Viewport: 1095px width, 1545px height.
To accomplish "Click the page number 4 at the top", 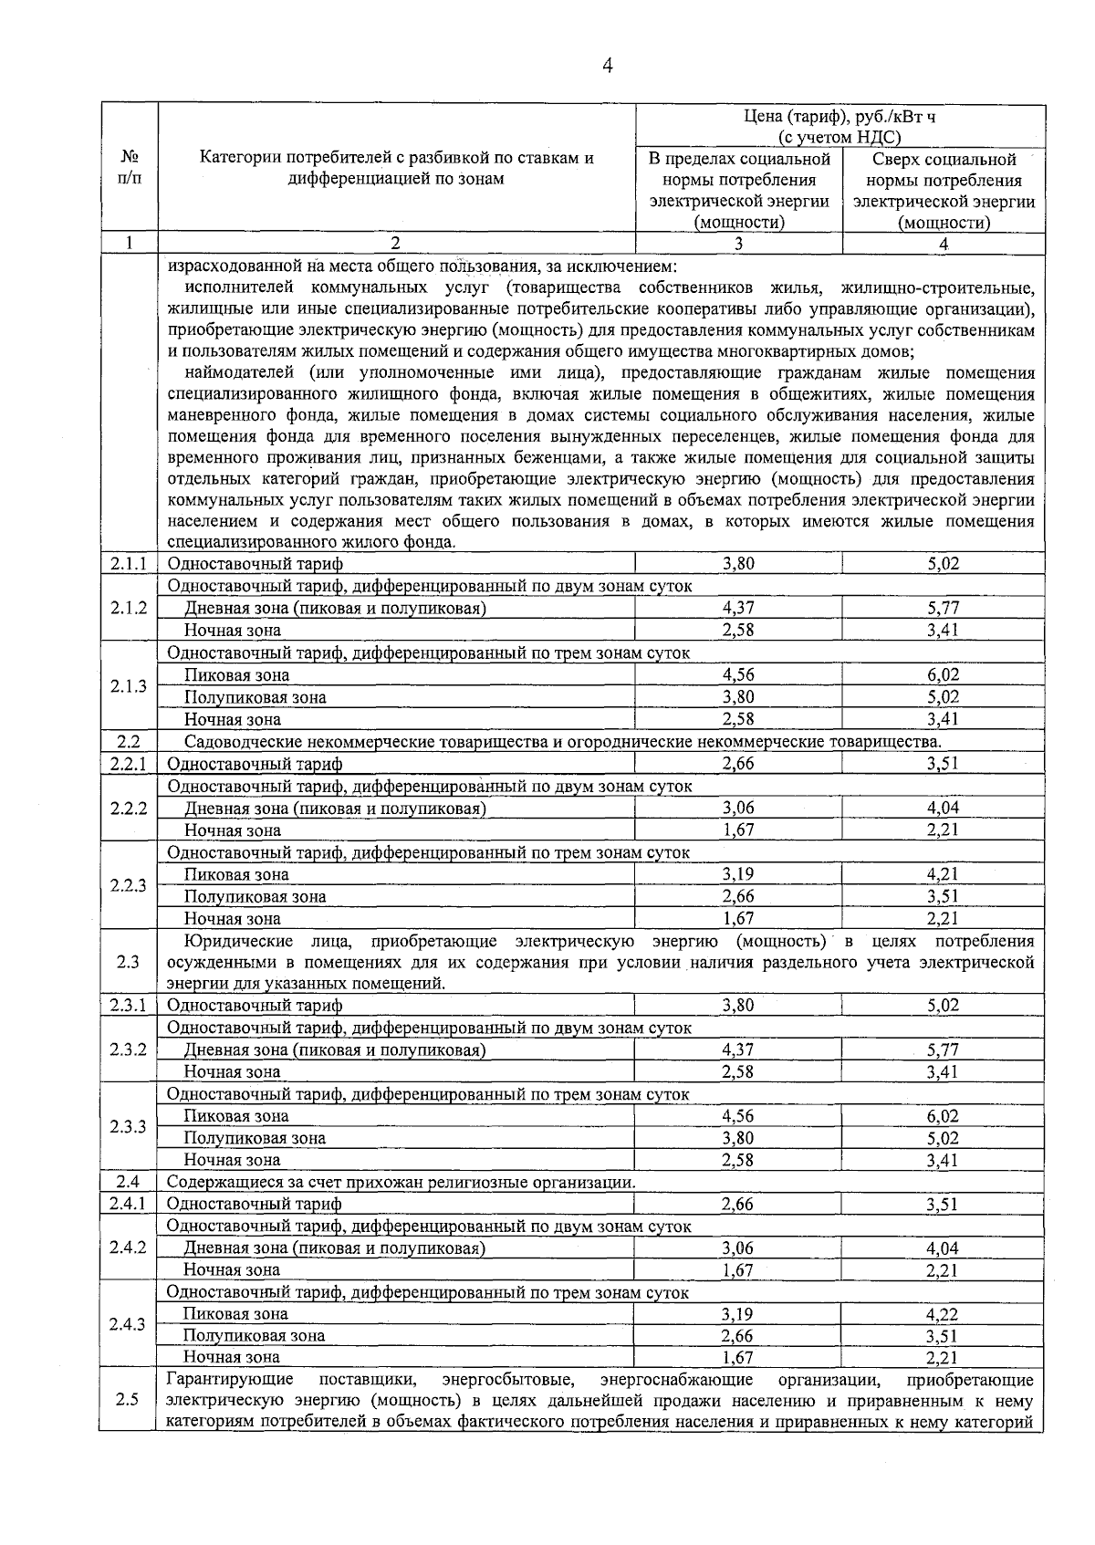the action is coord(607,65).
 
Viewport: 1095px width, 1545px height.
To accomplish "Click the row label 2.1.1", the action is coord(129,564).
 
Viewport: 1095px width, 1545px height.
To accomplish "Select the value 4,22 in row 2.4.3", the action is coord(943,1314).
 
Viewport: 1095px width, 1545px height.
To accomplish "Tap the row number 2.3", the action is coord(128,962).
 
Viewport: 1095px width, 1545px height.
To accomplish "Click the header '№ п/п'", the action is coord(129,168).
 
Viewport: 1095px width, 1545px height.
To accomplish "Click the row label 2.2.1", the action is coord(129,764).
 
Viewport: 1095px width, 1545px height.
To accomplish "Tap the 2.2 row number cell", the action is coord(129,742).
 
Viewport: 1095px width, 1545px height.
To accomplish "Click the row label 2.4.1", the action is coord(129,1205).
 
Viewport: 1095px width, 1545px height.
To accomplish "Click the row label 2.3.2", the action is coord(129,1049).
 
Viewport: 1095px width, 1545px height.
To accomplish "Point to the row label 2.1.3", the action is coord(129,686).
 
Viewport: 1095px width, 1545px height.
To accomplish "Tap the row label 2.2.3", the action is coord(129,885).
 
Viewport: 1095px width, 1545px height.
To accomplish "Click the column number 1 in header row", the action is coord(129,244).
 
